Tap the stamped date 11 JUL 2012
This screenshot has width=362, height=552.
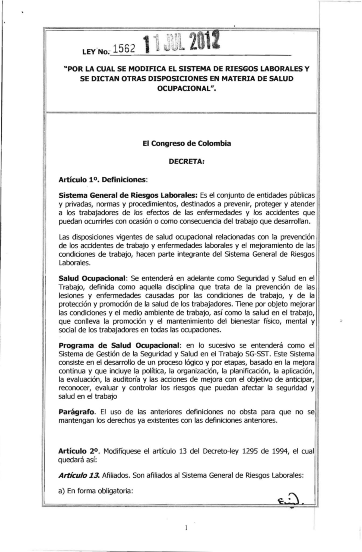coord(181,43)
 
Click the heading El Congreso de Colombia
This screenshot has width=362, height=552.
coord(187,143)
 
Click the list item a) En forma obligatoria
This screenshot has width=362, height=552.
coord(96,491)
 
